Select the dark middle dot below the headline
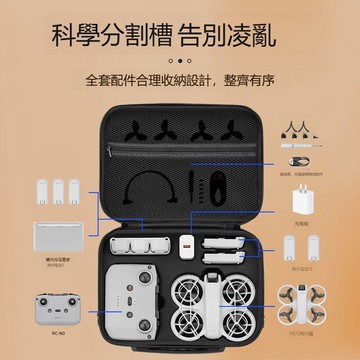coord(180,61)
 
